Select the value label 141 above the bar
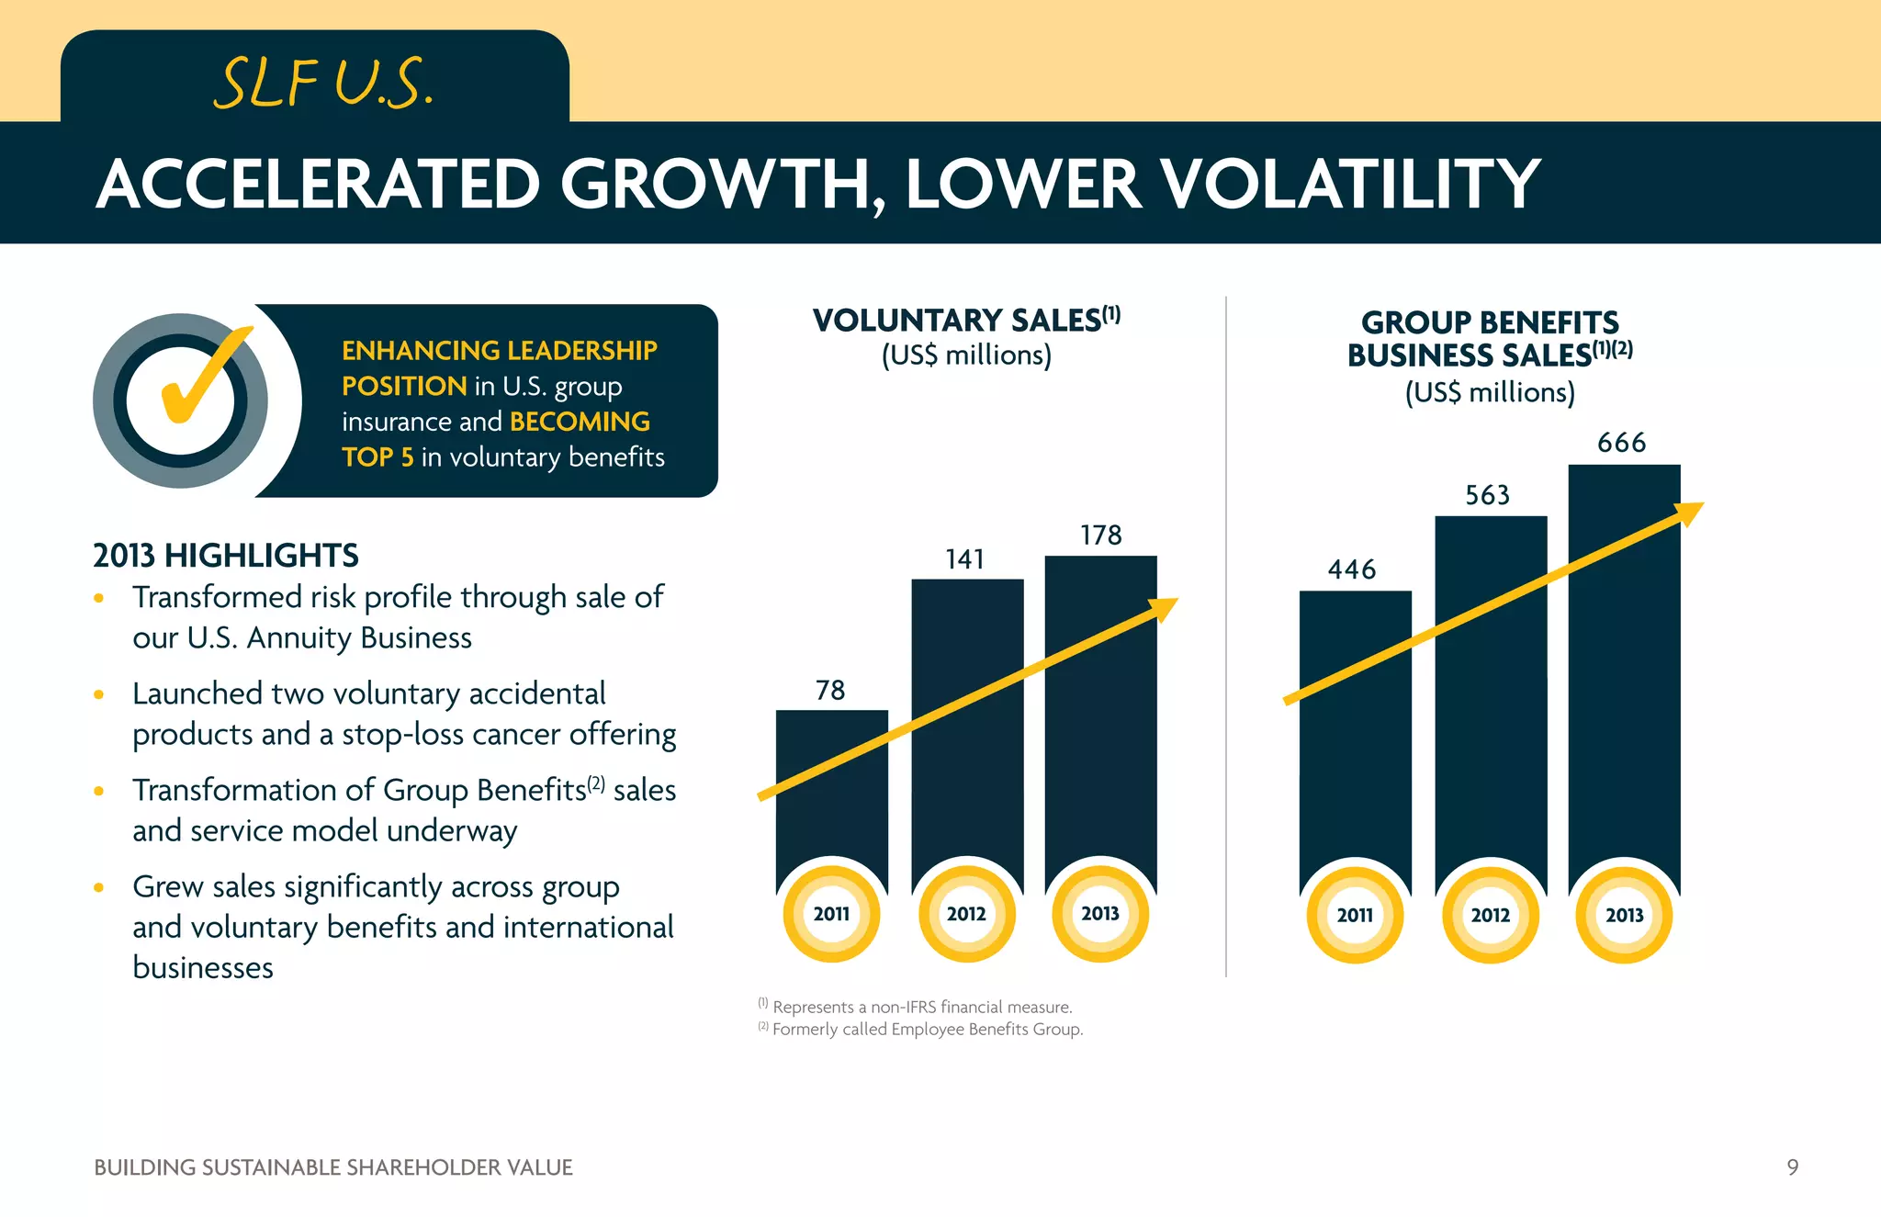(x=964, y=559)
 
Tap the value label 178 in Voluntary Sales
(x=1100, y=535)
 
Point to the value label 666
(x=1621, y=444)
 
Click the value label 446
(x=1351, y=570)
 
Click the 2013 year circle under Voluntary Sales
(x=1099, y=914)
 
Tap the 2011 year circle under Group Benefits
(x=1355, y=916)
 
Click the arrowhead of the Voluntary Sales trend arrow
(x=1164, y=608)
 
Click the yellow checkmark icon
(x=202, y=377)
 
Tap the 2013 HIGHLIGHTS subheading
(x=226, y=556)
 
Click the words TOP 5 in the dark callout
(x=377, y=457)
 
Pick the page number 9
(x=1792, y=1167)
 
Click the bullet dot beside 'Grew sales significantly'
(x=99, y=887)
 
